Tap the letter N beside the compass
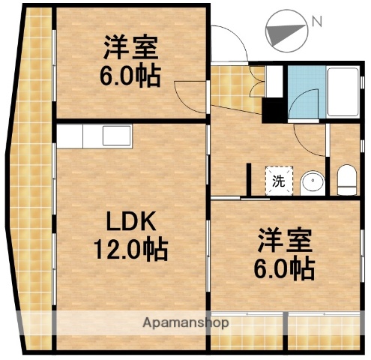coord(318,22)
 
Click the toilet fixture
coord(346,178)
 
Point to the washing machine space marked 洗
coord(278,180)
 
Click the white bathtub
coord(344,92)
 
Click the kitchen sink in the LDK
coord(116,137)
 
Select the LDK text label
coord(129,222)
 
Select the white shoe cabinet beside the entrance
coord(274,79)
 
